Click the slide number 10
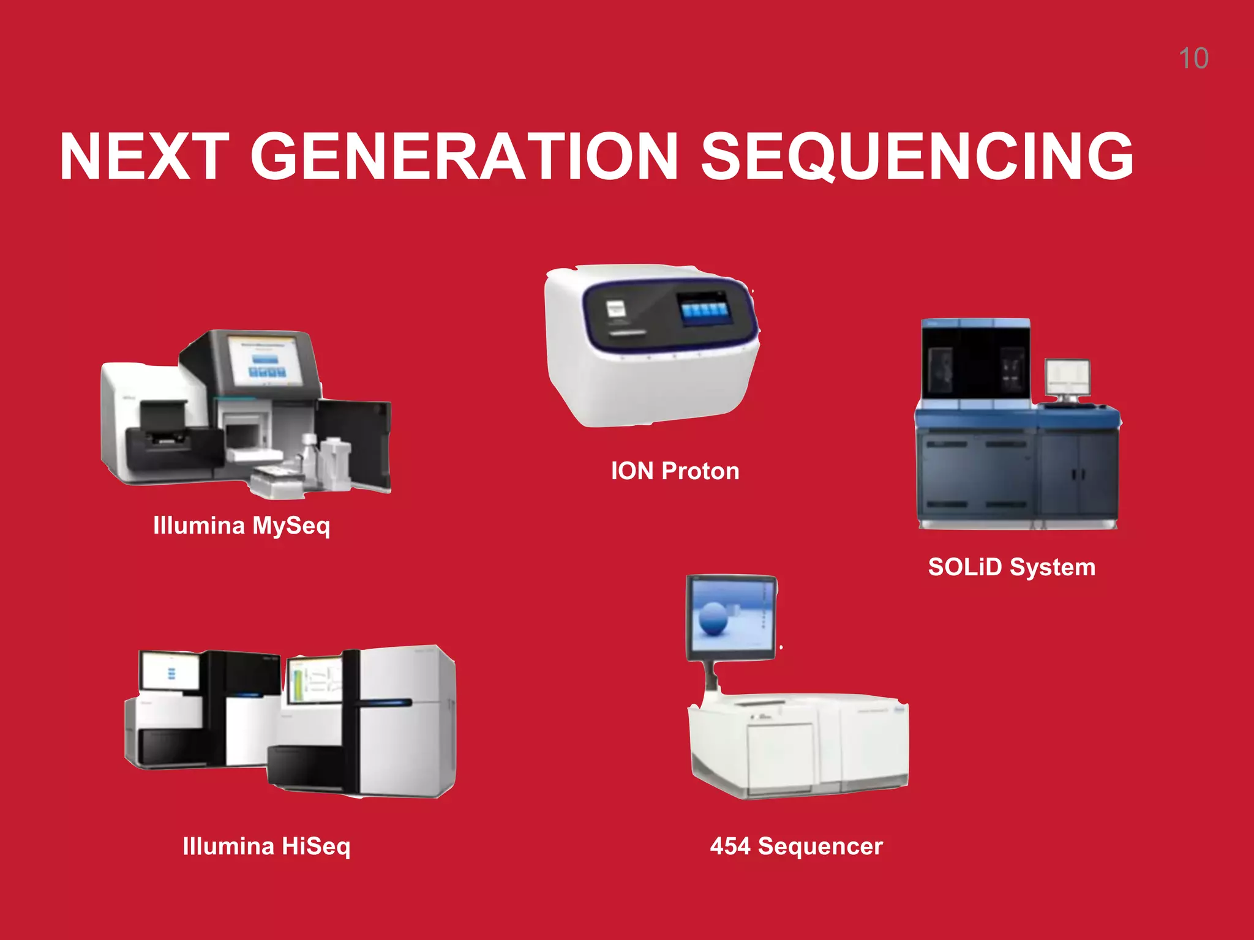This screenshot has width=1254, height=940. (1193, 59)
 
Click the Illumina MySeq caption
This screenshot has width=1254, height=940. (241, 526)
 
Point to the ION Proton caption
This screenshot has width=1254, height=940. (675, 471)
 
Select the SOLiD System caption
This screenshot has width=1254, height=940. (1012, 567)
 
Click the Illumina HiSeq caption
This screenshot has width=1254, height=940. (266, 846)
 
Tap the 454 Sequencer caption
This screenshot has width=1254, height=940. (796, 846)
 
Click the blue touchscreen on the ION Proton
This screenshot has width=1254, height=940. (705, 308)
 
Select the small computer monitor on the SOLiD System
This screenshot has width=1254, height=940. (1067, 378)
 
